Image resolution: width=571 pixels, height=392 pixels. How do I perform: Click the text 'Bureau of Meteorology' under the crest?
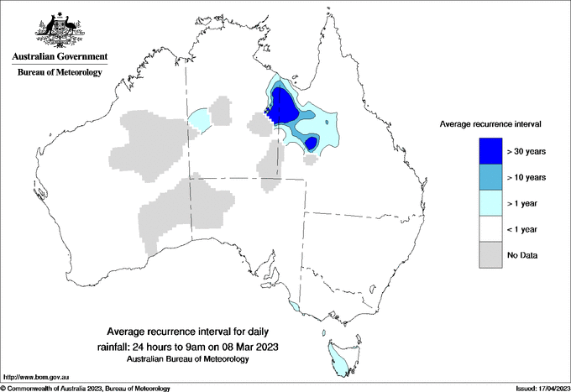coord(59,73)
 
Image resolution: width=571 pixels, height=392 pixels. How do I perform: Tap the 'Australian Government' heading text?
coord(59,57)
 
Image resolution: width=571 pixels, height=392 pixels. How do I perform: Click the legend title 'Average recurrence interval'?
coord(490,123)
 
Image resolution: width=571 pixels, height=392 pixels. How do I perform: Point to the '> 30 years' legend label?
coord(526,151)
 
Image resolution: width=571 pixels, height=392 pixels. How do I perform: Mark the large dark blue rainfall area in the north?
coord(283,107)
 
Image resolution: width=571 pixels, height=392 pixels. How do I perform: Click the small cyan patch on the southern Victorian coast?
coord(293,307)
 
